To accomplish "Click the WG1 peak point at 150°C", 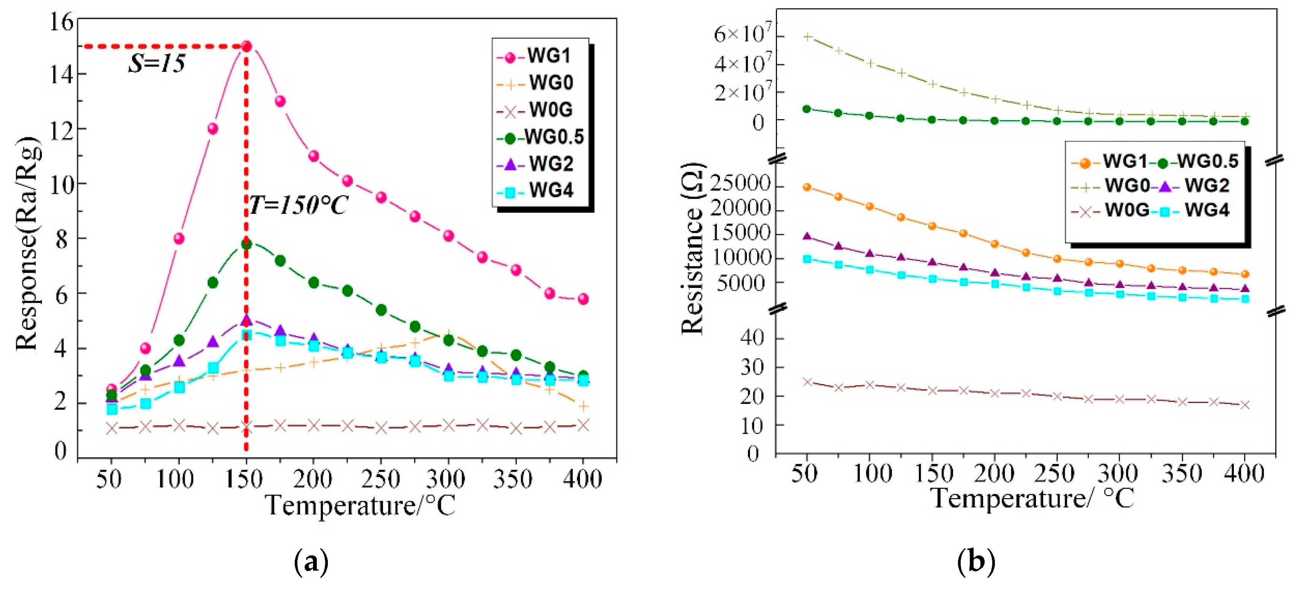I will (246, 46).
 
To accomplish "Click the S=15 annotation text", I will (157, 64).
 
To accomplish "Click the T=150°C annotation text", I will (298, 205).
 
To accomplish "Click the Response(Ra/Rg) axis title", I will (28, 244).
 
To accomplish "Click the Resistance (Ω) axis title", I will (693, 249).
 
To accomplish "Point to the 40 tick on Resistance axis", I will (752, 337).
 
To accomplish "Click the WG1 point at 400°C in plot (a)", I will (583, 299).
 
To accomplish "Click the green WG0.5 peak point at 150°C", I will (246, 244).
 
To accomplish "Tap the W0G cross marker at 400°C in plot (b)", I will (1245, 405).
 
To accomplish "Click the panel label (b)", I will (976, 561).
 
